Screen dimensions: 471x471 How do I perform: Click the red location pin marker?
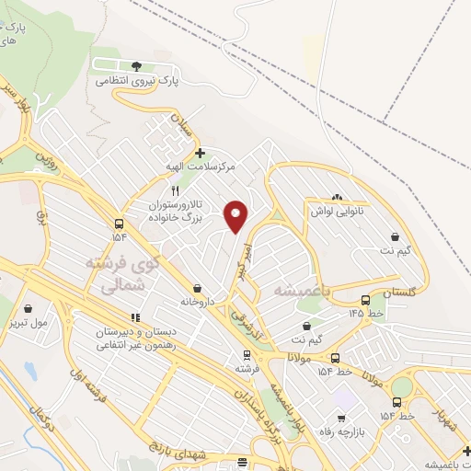[236, 215]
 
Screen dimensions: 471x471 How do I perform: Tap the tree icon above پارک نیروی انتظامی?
[137, 66]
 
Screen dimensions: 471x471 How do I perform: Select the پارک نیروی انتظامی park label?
[136, 81]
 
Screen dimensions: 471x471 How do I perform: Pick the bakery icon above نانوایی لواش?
[337, 197]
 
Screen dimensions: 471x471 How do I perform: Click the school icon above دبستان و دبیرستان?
[136, 317]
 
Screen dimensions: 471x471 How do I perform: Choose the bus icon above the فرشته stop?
[246, 354]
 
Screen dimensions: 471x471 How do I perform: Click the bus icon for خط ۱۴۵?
[366, 300]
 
